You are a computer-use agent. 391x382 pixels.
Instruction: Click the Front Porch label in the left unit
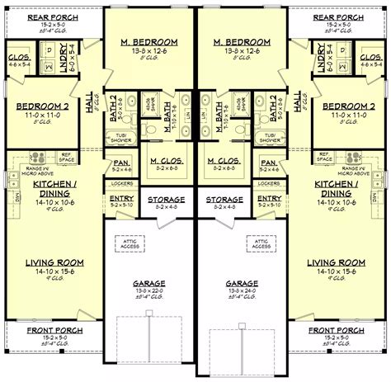point(40,329)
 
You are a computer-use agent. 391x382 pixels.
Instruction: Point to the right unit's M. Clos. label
point(224,160)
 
